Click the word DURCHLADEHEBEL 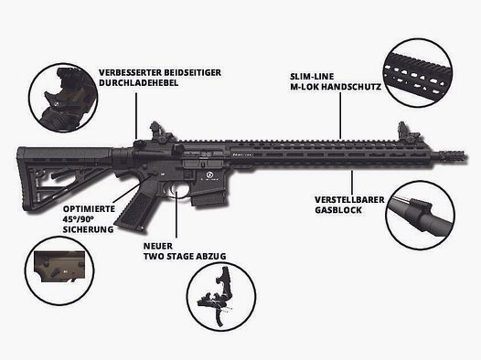(x=135, y=82)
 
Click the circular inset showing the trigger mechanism (x=221, y=298)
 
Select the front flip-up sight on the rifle (x=401, y=133)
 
